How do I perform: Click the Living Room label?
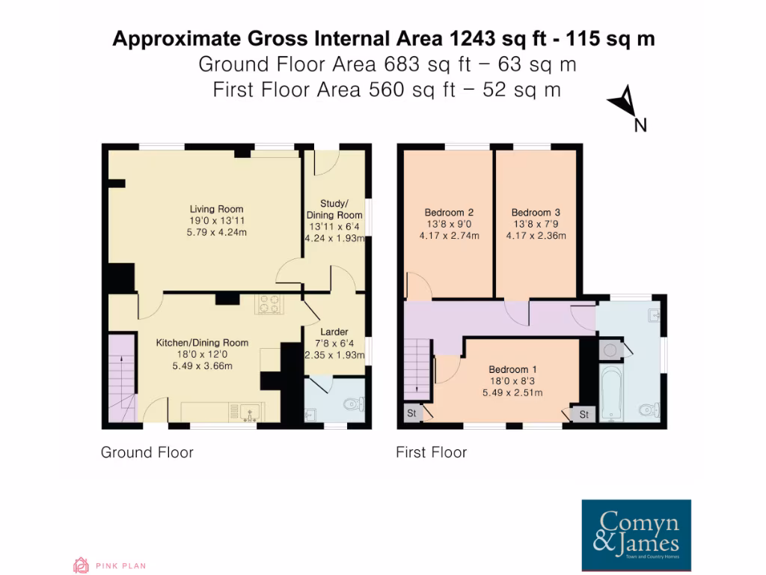216,209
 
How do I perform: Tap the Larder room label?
333,332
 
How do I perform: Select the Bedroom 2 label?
449,212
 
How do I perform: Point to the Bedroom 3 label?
536,212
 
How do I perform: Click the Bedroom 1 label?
512,369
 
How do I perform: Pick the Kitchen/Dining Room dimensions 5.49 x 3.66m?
202,366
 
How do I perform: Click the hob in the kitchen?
271,304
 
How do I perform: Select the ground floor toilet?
351,405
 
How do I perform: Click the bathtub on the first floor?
610,393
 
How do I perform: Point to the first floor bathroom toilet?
649,410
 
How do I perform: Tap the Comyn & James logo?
636,534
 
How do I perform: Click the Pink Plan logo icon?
80,565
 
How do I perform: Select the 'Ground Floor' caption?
147,452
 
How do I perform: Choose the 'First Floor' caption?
431,452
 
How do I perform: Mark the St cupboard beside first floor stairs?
412,413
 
